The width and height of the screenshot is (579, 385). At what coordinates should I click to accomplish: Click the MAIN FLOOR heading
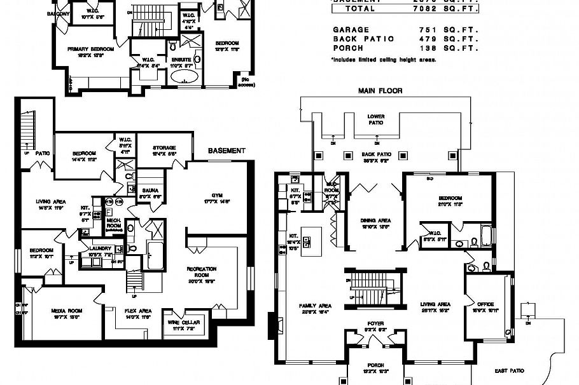[380, 91]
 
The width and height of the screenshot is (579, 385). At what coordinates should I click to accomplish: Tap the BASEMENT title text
[227, 151]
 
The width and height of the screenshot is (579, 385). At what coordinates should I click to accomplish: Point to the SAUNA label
[150, 190]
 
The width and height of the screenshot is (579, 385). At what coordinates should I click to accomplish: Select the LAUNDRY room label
[101, 248]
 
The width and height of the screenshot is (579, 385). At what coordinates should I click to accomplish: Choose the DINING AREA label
[376, 220]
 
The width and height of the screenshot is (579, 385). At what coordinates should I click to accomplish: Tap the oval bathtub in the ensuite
[185, 78]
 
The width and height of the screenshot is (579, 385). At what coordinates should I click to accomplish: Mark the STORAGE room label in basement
[164, 147]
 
